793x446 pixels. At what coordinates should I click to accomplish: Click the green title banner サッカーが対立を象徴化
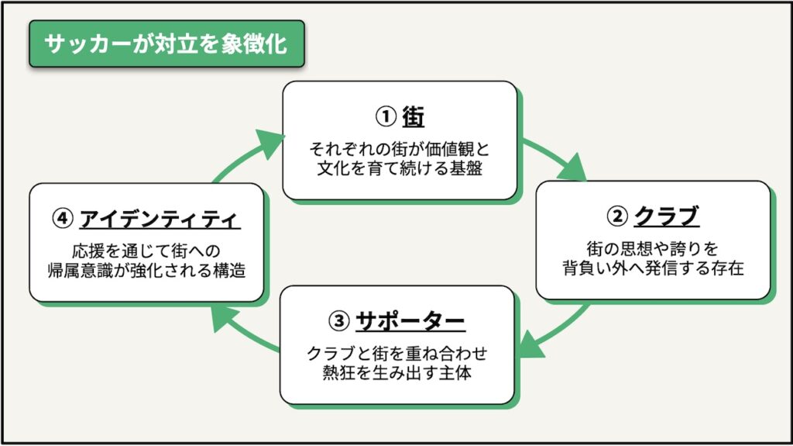click(166, 43)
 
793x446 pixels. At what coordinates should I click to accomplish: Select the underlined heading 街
click(414, 116)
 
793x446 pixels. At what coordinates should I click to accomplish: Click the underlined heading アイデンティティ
click(160, 220)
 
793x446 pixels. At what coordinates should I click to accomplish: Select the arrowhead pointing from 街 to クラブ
click(573, 166)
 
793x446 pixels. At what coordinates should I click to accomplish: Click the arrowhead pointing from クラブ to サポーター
click(532, 345)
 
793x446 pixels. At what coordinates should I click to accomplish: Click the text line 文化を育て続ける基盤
click(399, 168)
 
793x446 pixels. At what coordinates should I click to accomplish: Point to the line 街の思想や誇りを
click(653, 248)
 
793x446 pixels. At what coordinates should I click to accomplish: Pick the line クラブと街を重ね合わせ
click(397, 353)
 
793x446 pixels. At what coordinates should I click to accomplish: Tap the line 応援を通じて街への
click(146, 251)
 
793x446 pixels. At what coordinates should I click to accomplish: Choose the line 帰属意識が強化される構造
click(146, 271)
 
